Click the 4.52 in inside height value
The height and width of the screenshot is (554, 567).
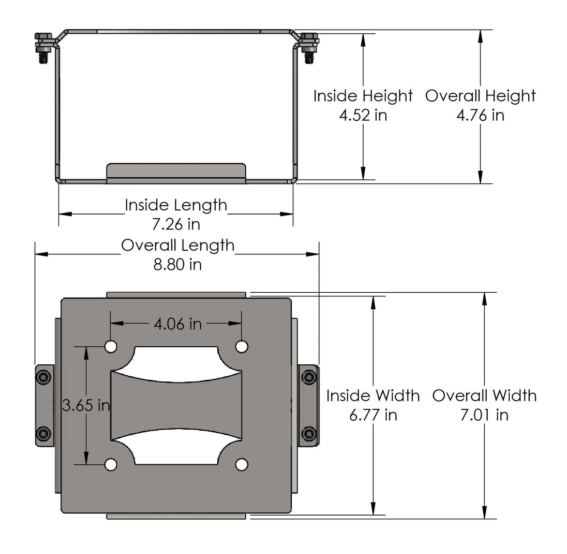[x=363, y=116]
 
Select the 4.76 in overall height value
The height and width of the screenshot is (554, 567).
[x=480, y=116]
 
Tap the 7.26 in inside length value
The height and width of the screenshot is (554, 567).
[x=176, y=224]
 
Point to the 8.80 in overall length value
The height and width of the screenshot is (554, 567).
[x=177, y=265]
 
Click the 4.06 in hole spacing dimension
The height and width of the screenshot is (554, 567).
[x=177, y=324]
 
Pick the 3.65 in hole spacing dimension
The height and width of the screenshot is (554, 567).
[x=86, y=405]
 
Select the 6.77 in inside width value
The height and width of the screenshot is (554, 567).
[x=373, y=415]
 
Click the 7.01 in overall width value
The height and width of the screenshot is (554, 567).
[x=485, y=415]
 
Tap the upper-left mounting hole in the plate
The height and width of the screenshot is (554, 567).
[x=111, y=347]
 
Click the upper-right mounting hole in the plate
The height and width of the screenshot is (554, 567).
[x=242, y=347]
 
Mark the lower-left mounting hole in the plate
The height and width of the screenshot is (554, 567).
[x=111, y=464]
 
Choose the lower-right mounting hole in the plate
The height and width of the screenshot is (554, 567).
[x=242, y=464]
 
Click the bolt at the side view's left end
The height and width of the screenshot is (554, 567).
[x=43, y=48]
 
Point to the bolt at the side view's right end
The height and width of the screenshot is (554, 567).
[x=309, y=48]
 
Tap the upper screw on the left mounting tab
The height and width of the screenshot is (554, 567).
[x=44, y=377]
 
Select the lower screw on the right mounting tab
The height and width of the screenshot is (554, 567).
[x=309, y=433]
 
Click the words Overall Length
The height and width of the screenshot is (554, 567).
[x=177, y=245]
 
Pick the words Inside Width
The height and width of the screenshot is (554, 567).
[x=373, y=395]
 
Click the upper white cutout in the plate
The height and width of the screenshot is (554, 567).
[x=176, y=364]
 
